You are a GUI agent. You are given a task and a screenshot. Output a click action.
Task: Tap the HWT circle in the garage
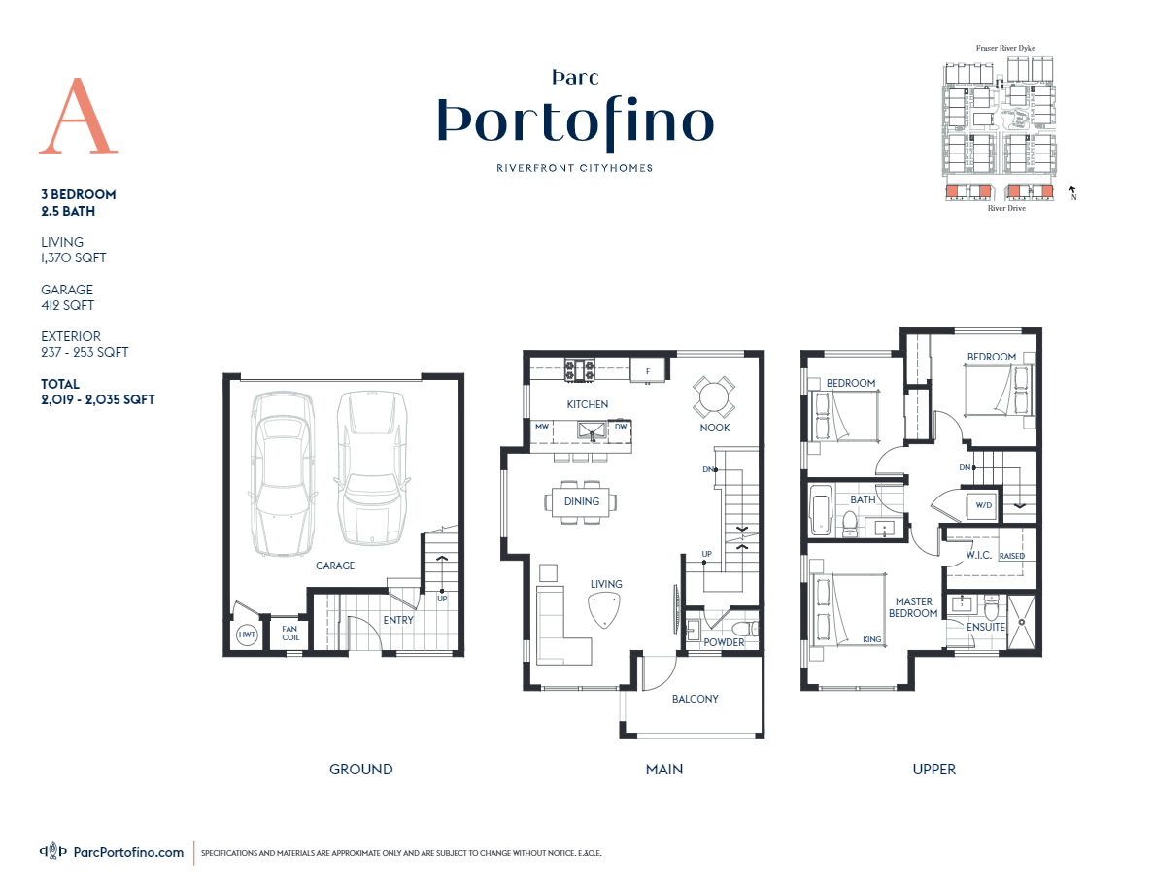click(x=247, y=635)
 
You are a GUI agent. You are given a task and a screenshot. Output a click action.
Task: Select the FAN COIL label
click(x=289, y=633)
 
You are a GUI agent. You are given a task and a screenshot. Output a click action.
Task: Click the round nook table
click(x=714, y=397)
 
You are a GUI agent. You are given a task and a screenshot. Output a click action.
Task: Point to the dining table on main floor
click(x=583, y=501)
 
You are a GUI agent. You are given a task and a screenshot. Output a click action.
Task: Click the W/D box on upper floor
click(x=983, y=505)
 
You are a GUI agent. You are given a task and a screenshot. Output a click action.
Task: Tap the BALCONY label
click(x=696, y=699)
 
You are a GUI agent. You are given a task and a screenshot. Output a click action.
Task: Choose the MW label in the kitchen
click(x=542, y=427)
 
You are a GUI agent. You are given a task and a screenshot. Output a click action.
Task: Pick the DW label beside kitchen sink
click(x=621, y=427)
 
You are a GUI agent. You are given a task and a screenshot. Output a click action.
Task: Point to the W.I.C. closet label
click(x=977, y=556)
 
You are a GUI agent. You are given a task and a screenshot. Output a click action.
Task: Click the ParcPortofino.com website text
click(x=128, y=852)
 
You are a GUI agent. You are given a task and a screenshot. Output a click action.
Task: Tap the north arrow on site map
click(x=1072, y=191)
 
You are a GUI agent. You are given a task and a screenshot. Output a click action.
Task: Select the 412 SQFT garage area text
click(x=67, y=305)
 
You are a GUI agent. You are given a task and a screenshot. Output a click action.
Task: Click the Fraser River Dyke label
click(x=1005, y=48)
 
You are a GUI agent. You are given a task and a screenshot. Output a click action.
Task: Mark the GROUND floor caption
click(x=360, y=769)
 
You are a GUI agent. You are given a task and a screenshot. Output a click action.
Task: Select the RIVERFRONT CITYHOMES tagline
click(x=575, y=168)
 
